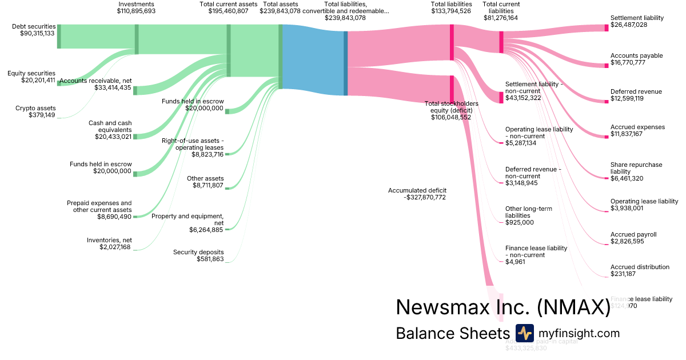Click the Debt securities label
tap(34, 26)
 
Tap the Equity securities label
tap(31, 73)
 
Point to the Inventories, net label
tap(109, 240)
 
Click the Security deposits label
tap(198, 252)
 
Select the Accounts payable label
tap(636, 55)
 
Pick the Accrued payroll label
tap(633, 234)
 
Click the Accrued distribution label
tap(640, 267)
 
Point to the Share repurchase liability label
tap(636, 168)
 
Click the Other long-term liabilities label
tap(529, 212)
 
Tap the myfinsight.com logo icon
tap(524, 333)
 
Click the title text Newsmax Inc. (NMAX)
tap(503, 307)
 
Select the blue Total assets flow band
tap(313, 60)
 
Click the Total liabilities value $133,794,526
tap(451, 11)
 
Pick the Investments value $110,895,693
tap(136, 11)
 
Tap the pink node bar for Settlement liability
tap(607, 28)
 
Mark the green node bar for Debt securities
tap(58, 37)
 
